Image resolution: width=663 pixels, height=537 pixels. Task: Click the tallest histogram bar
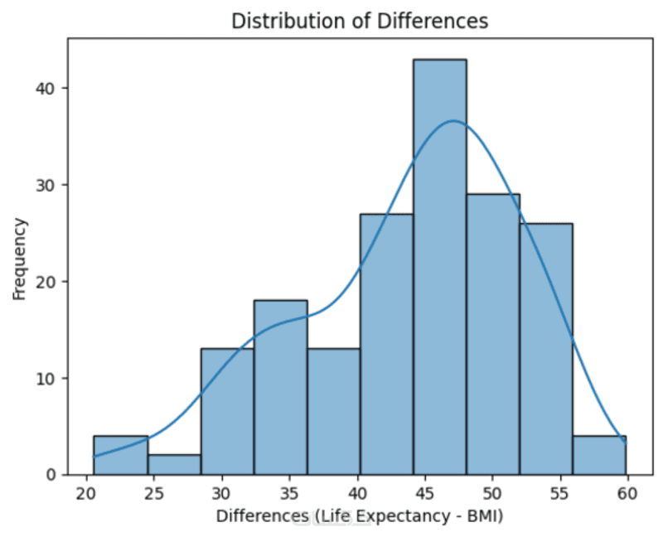tap(439, 265)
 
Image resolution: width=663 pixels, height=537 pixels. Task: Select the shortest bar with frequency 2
tap(174, 464)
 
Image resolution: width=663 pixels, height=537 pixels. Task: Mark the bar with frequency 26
tap(545, 348)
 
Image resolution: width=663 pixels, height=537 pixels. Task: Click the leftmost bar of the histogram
tap(121, 455)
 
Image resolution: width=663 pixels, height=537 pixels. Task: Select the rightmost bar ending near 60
tap(598, 455)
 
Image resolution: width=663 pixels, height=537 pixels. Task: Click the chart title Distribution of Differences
tap(360, 21)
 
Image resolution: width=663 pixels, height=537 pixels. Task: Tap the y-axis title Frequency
tap(21, 258)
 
